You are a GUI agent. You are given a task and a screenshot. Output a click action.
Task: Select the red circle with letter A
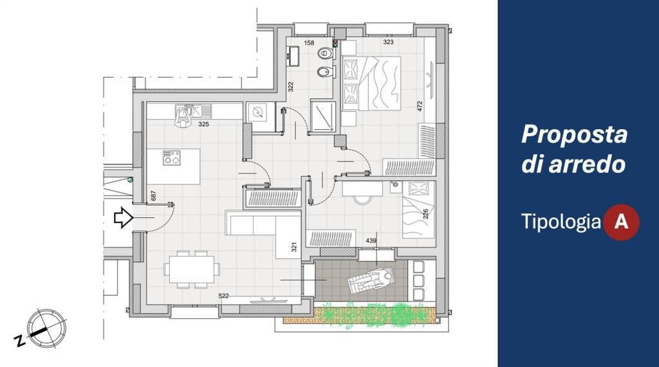621,222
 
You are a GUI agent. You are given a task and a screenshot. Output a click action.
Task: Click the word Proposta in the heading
574,135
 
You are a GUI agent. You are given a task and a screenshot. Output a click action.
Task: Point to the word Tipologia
561,221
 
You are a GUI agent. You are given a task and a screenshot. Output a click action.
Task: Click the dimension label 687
153,195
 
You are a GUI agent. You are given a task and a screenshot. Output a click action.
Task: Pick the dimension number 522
223,296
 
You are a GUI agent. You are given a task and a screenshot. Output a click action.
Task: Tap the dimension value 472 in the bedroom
420,106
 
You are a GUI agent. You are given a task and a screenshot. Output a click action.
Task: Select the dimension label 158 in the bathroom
309,43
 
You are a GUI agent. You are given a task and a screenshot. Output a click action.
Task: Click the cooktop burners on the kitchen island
171,157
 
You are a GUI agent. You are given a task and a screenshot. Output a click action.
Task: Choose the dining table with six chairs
192,269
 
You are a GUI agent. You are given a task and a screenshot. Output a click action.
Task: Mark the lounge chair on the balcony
371,280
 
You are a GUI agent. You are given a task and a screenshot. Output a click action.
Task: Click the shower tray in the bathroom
323,115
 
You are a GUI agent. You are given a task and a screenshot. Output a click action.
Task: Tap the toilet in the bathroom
326,53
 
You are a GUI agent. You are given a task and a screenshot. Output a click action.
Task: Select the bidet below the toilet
325,73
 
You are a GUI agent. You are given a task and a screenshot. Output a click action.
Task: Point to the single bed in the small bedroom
418,210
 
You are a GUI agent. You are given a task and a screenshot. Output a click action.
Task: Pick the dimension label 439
371,240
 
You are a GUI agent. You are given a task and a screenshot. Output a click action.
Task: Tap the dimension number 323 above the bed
388,42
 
